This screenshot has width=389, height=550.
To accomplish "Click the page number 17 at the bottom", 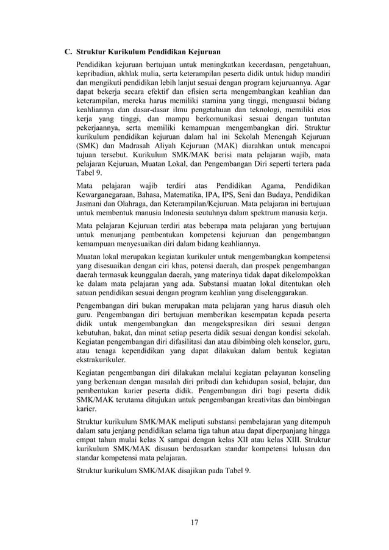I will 194,522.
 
